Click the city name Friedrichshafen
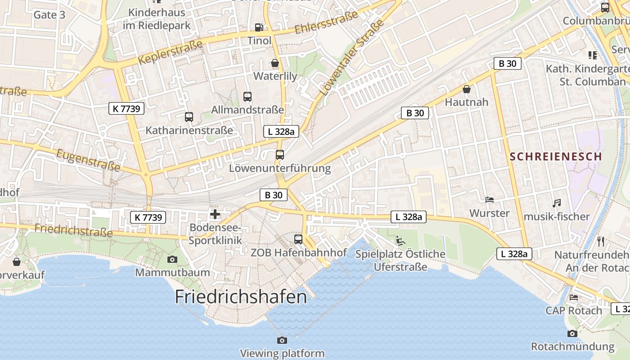coord(241,297)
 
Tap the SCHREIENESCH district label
coord(556,157)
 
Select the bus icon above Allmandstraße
coord(247,96)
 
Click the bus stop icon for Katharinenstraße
coord(189,117)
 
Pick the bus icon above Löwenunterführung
coord(280,155)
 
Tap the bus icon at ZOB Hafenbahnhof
coord(298,239)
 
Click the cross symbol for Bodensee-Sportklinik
coord(215,214)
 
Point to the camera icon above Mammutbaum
coord(172,259)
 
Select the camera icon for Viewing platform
coord(282,340)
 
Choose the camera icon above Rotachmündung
coord(572,333)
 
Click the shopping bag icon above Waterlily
coord(275,63)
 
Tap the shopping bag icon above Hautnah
coord(467,89)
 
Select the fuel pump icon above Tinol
coord(259,27)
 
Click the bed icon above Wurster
coord(489,200)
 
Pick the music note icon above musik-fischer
coord(557,203)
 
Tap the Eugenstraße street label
coord(88,160)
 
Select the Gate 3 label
coord(49,15)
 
